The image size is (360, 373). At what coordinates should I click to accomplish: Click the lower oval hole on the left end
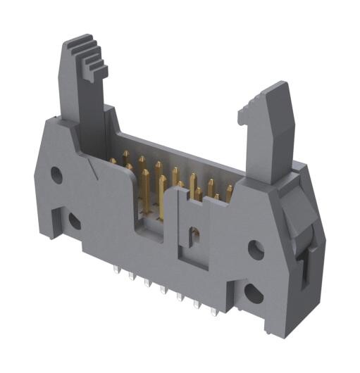(x=73, y=222)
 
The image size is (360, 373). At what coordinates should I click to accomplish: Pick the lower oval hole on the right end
(x=252, y=293)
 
